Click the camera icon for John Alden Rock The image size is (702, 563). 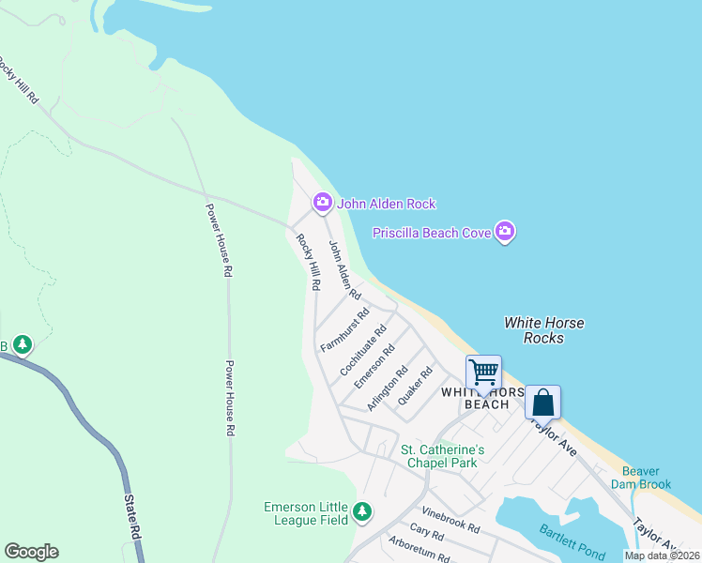pyautogui.click(x=322, y=203)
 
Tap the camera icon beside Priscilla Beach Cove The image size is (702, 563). pyautogui.click(x=505, y=232)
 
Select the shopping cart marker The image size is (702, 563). pyautogui.click(x=483, y=372)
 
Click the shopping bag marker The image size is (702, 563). pyautogui.click(x=542, y=403)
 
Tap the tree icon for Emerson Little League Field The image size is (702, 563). pyautogui.click(x=362, y=512)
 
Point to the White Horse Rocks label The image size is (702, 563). pyautogui.click(x=543, y=330)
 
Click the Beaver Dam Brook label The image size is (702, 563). pyautogui.click(x=641, y=478)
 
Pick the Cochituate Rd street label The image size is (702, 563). pyautogui.click(x=363, y=351)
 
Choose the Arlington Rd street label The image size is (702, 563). pyautogui.click(x=387, y=388)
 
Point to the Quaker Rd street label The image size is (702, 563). pyautogui.click(x=414, y=387)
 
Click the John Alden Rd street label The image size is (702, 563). pyautogui.click(x=344, y=269)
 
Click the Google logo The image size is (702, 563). pyautogui.click(x=31, y=552)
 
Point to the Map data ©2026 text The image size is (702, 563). pyautogui.click(x=662, y=555)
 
